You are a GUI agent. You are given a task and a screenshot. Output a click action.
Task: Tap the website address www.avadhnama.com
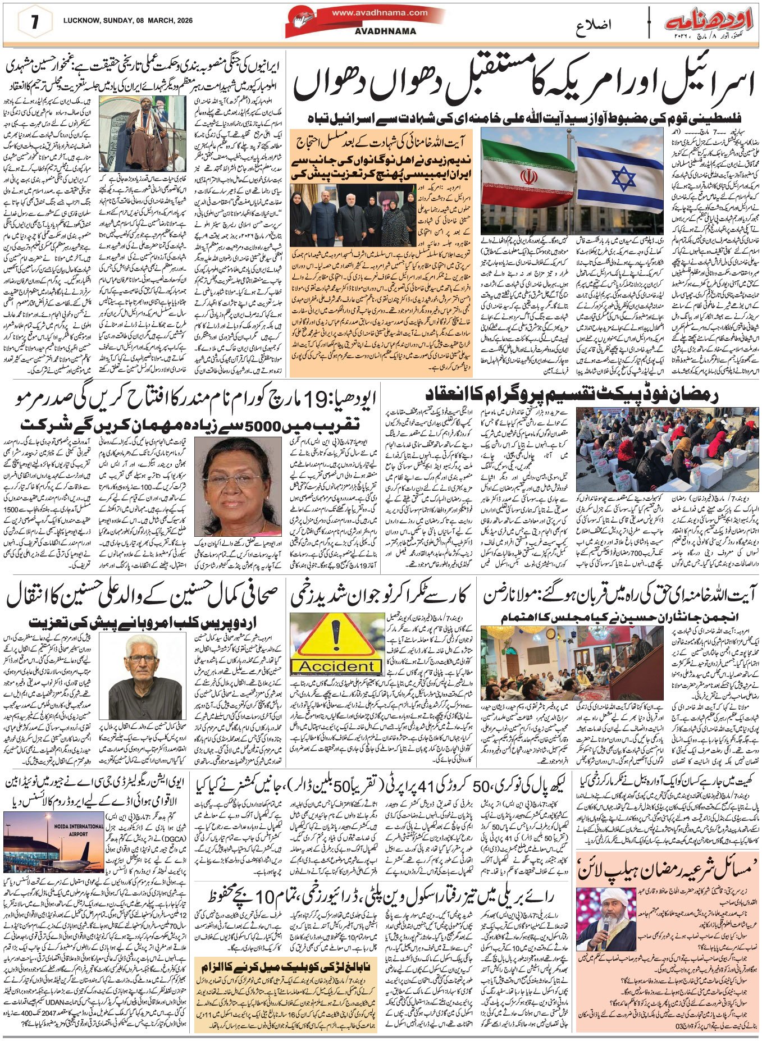click(379, 12)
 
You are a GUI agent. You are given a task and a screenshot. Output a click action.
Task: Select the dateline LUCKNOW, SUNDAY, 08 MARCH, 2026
click(128, 20)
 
